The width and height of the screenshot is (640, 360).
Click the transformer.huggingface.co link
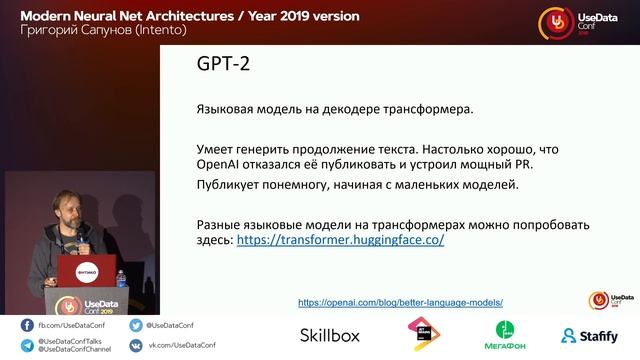(x=340, y=241)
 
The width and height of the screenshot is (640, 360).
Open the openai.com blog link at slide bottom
(x=400, y=301)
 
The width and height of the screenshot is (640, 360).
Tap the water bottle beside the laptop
(x=121, y=277)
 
